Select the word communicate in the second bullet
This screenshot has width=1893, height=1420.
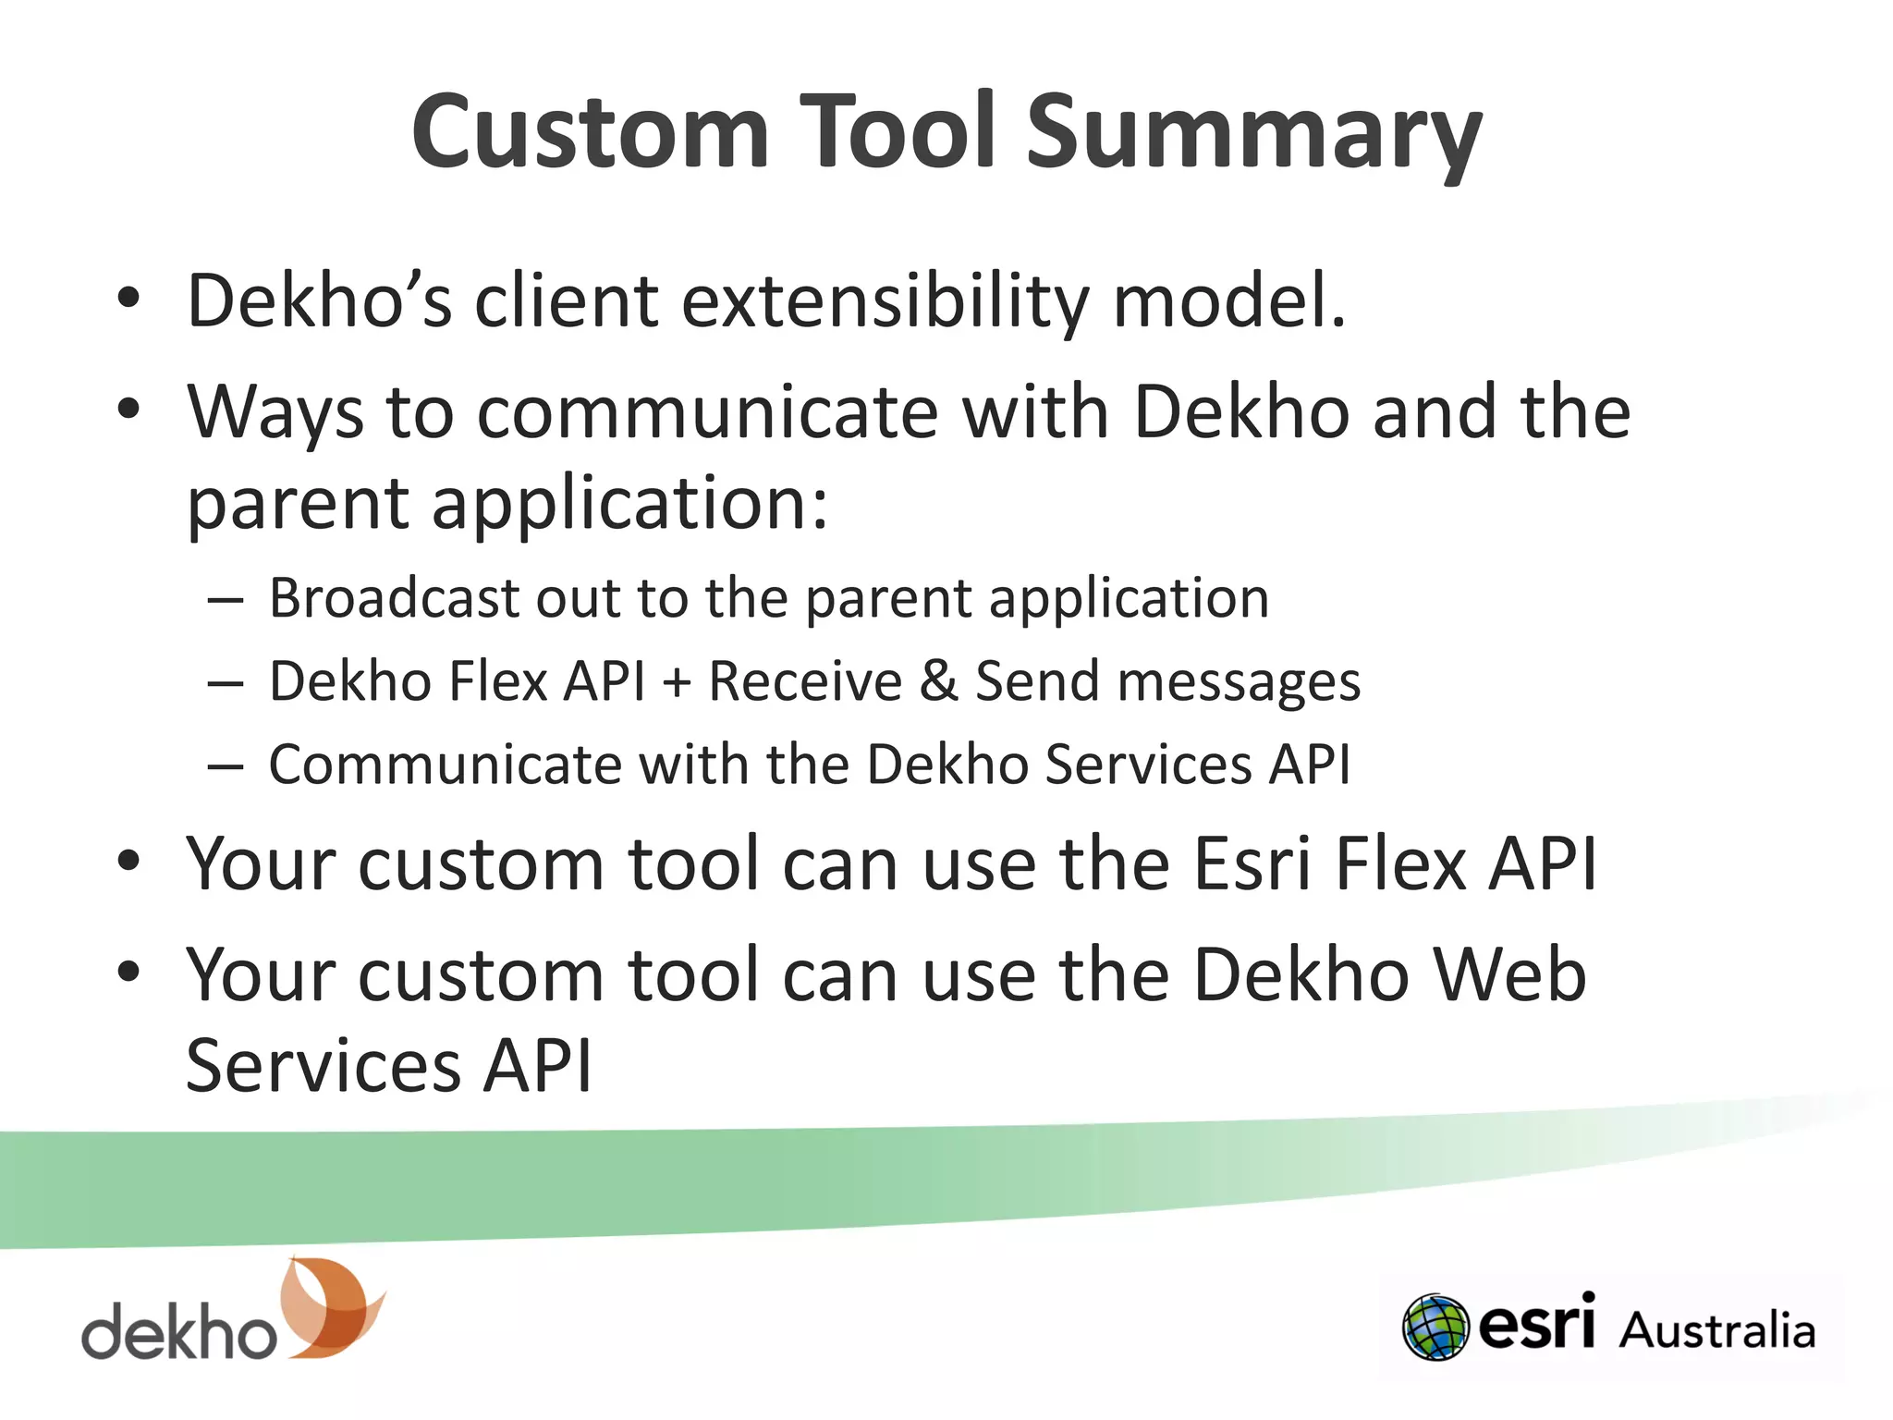pyautogui.click(x=707, y=412)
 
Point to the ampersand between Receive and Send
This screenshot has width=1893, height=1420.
pyautogui.click(x=938, y=681)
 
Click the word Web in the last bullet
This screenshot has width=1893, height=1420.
pyautogui.click(x=1507, y=975)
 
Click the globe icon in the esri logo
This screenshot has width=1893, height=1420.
pyautogui.click(x=1435, y=1328)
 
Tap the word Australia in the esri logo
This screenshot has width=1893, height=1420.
pyautogui.click(x=1716, y=1331)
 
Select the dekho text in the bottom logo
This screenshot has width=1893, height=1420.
pyautogui.click(x=178, y=1331)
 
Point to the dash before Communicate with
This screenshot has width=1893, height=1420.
pyautogui.click(x=226, y=767)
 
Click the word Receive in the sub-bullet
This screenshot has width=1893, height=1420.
pyautogui.click(x=804, y=681)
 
